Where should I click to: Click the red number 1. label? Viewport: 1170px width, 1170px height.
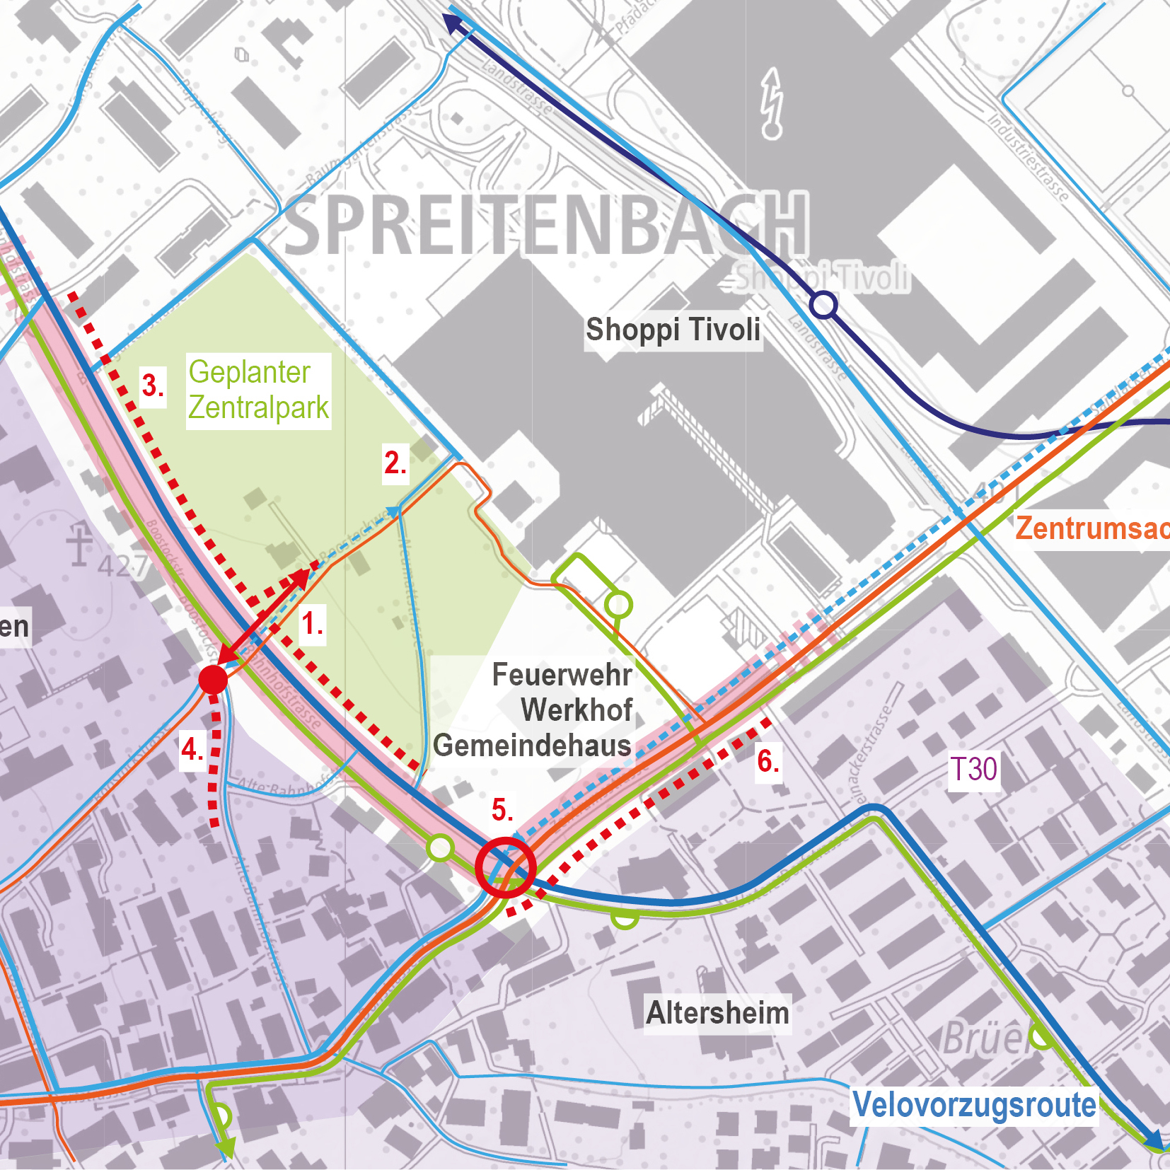tap(312, 624)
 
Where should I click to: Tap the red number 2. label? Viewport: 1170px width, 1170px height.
tap(395, 463)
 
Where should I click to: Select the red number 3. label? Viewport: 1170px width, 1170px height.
tap(153, 386)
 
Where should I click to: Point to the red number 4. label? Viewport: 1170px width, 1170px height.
tap(192, 749)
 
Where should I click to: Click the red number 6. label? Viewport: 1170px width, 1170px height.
tap(768, 762)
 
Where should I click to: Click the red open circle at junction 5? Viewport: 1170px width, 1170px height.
tap(506, 867)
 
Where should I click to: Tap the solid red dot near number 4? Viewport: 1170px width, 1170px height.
tap(213, 679)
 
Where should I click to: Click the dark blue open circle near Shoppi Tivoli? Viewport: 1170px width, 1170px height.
tap(823, 306)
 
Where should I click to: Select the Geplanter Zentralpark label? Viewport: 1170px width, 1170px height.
tap(258, 390)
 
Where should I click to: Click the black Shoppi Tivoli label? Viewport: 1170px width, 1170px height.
tap(673, 330)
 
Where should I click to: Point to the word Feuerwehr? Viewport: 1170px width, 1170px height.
tap(562, 675)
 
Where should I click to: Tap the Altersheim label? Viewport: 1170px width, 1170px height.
tap(717, 1013)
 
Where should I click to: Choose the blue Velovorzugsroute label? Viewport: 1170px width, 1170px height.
tap(974, 1105)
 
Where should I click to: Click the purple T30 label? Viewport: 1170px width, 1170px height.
tap(973, 770)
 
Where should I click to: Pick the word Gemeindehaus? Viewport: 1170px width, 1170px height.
tap(532, 746)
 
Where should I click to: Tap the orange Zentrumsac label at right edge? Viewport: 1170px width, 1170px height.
tap(1091, 528)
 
